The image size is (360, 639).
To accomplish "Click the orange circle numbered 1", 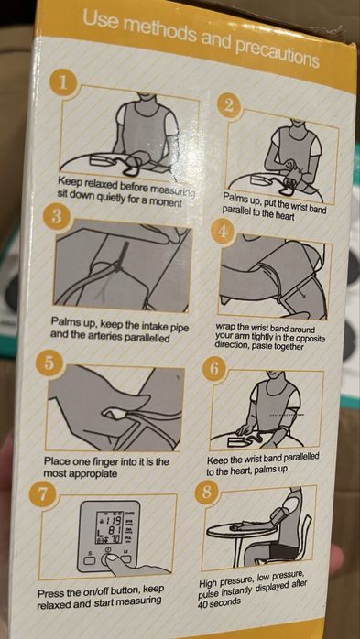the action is tap(62, 83).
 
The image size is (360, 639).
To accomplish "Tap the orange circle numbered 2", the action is tap(229, 105).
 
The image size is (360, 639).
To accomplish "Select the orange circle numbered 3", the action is tap(57, 216).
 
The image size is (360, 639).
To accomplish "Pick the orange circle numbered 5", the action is tap(48, 363).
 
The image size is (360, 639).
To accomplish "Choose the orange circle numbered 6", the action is tap(214, 370).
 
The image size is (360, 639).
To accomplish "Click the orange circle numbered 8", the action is tap(206, 493).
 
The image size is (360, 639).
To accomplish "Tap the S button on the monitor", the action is tap(89, 560).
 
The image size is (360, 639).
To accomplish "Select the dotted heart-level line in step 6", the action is tap(286, 416).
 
